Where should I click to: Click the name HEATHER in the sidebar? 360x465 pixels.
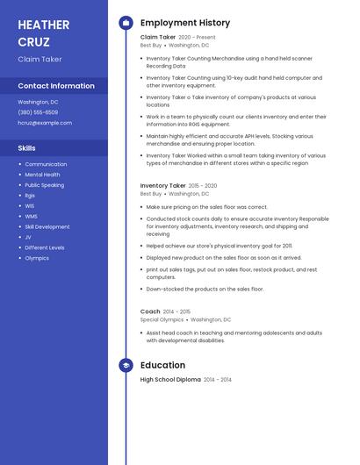click(x=43, y=25)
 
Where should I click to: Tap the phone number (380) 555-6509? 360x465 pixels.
click(x=38, y=112)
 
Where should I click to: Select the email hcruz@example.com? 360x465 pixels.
click(x=45, y=123)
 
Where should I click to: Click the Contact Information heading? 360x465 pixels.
click(x=56, y=86)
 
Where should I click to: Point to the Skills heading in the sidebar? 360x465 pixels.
click(x=26, y=148)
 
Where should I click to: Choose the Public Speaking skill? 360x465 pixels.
click(x=44, y=185)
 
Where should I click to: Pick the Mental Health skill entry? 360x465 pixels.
click(x=42, y=175)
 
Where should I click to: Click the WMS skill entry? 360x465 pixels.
click(x=31, y=216)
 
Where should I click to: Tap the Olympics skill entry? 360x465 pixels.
click(x=37, y=258)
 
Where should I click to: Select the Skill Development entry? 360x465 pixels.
click(x=47, y=226)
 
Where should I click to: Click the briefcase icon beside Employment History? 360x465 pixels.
click(x=126, y=23)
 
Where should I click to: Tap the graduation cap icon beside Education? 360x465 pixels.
click(x=126, y=365)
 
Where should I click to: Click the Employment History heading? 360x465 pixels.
click(x=185, y=23)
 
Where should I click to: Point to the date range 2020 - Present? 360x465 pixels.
click(x=197, y=38)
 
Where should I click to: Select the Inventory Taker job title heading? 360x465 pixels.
click(x=163, y=186)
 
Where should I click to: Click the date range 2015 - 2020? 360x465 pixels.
click(x=203, y=186)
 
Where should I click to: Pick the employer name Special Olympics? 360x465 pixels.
click(x=162, y=319)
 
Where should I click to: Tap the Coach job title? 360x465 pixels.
click(x=150, y=311)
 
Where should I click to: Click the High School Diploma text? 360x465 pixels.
click(x=170, y=379)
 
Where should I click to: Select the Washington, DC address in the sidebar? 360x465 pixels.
click(x=38, y=102)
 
